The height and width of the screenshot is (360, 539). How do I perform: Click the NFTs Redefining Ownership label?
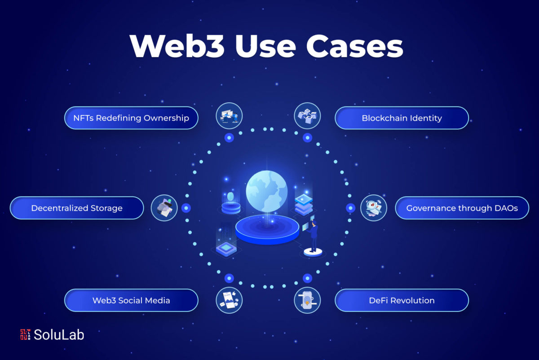[x=131, y=118]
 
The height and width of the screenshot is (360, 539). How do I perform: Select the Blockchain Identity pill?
[x=402, y=118]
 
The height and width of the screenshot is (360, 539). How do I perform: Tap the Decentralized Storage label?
[x=77, y=208]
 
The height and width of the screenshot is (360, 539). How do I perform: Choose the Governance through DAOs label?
[x=462, y=208]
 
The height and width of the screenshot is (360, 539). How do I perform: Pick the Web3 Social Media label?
[x=131, y=300]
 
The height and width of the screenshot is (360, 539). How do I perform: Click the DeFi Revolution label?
[x=402, y=300]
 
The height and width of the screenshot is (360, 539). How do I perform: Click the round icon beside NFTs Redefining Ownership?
[x=229, y=116]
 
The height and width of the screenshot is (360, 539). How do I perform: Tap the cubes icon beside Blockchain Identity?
[x=307, y=116]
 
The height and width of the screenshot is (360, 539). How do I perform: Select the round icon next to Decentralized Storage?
[x=164, y=208]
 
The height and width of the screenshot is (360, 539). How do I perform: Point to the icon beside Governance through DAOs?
[x=374, y=208]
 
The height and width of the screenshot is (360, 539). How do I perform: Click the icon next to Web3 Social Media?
[x=229, y=300]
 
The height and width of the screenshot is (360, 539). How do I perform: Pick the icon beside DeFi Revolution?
[x=307, y=300]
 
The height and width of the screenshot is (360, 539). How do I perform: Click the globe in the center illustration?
[x=267, y=191]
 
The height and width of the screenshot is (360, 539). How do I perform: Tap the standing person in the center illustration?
[x=314, y=236]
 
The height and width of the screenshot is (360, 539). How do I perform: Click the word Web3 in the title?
[x=177, y=46]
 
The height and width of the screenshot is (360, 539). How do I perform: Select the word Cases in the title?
[x=354, y=46]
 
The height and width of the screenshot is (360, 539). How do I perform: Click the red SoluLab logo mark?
[x=25, y=334]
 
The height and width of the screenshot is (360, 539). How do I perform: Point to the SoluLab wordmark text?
[x=59, y=334]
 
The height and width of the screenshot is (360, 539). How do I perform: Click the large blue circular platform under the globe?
[x=267, y=230]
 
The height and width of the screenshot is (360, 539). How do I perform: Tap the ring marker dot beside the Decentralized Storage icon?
[x=186, y=208]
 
